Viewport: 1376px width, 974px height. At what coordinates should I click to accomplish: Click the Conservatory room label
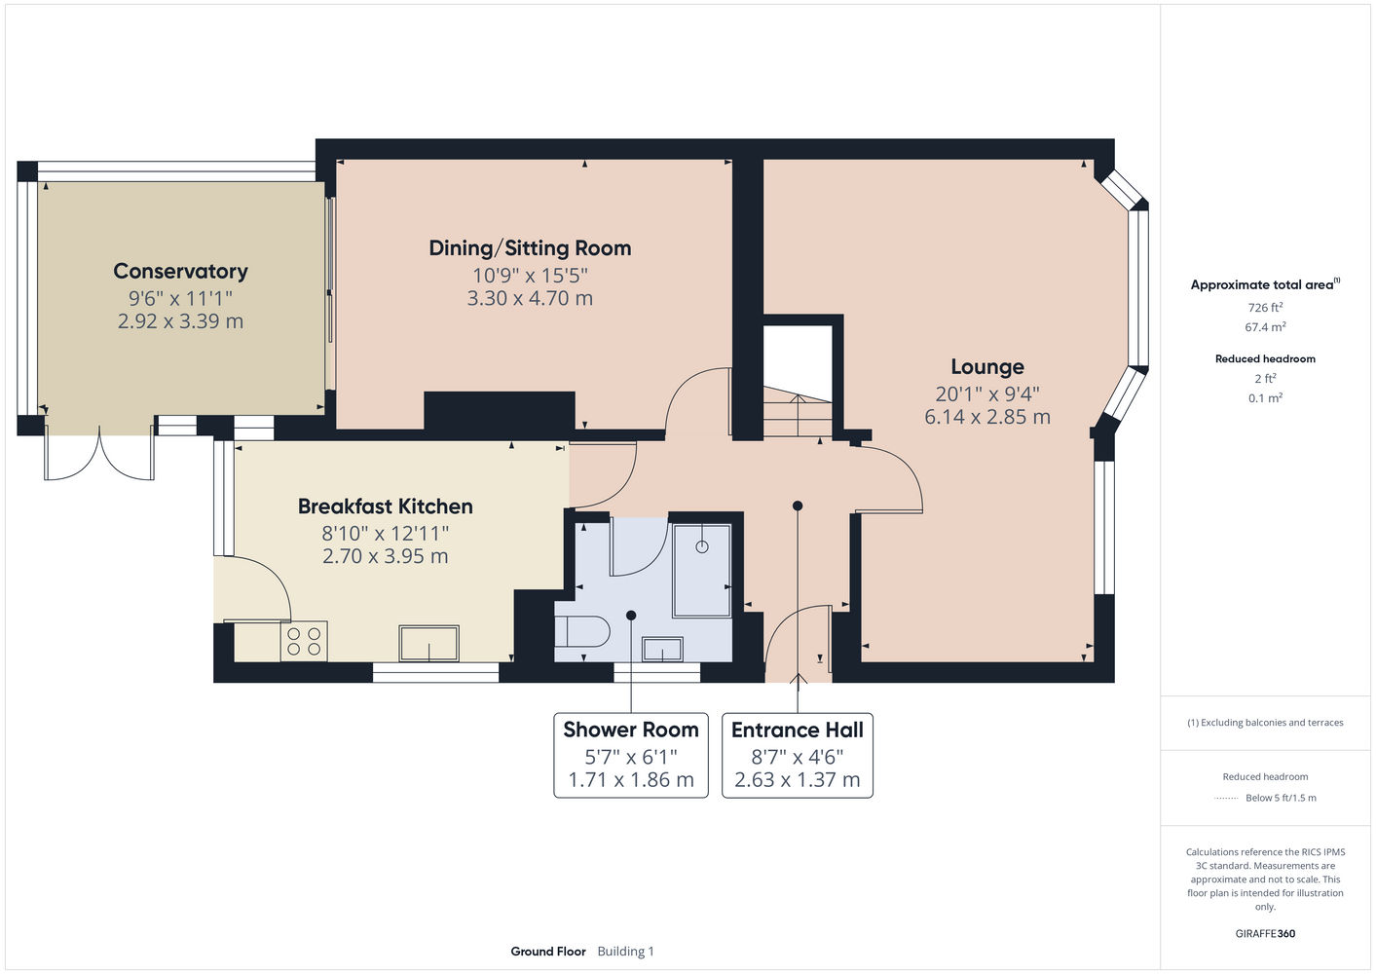point(180,271)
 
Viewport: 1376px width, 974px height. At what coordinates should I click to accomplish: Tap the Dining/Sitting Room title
point(530,248)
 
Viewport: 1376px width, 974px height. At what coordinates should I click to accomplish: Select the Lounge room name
point(987,367)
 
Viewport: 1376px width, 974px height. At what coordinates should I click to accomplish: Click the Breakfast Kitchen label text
point(386,506)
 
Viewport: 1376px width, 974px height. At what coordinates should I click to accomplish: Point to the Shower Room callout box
point(631,755)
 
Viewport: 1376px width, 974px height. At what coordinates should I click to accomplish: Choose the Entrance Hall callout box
point(798,755)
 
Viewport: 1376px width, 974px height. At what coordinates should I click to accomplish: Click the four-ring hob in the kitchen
point(304,641)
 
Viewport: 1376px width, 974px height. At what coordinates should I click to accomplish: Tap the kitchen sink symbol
point(428,644)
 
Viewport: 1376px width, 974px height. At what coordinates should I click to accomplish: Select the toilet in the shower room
point(581,632)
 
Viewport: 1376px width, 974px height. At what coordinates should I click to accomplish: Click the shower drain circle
point(702,546)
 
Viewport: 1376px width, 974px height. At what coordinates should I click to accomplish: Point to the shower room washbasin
point(662,649)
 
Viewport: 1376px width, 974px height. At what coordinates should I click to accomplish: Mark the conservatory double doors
point(99,453)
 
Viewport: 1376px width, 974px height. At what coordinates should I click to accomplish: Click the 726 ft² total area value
point(1265,307)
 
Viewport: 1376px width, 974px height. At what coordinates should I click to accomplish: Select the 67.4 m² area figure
point(1265,327)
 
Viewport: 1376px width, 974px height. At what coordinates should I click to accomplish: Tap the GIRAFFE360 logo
point(1265,933)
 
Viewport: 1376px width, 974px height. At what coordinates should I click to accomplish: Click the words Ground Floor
point(548,952)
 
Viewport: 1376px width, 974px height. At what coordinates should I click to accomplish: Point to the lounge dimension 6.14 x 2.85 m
point(987,417)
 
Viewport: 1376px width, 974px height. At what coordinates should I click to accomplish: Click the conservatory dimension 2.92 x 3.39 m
point(180,321)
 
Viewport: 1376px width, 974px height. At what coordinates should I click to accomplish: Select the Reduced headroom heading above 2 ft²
point(1265,358)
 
